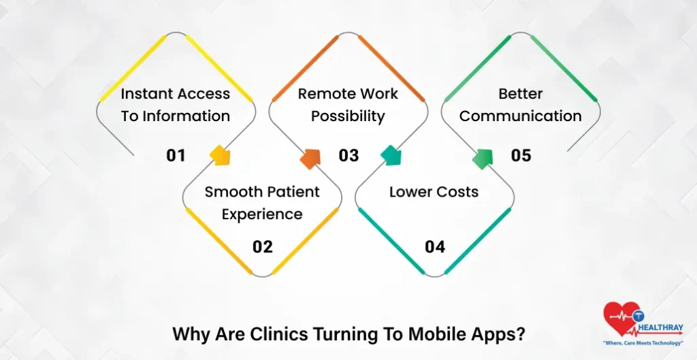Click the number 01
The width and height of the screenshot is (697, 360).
[176, 156]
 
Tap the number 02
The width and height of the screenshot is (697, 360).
[262, 247]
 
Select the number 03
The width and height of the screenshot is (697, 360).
[348, 156]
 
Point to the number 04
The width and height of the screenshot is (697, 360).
[435, 247]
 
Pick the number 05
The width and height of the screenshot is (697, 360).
[521, 156]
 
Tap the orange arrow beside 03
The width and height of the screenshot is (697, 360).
[310, 157]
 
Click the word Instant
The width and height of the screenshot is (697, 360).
[147, 94]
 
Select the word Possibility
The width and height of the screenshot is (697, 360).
[348, 116]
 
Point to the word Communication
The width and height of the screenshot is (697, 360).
[520, 116]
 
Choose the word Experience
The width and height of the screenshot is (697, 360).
[262, 214]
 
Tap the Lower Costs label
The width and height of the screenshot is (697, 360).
[434, 192]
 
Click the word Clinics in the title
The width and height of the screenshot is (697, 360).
[281, 335]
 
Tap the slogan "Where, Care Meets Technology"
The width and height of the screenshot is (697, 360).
[643, 343]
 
